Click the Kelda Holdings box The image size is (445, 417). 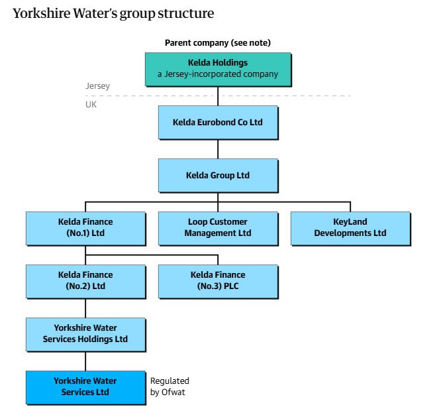(x=219, y=70)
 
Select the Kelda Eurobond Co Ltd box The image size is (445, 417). (x=219, y=123)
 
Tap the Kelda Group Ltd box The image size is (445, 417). (x=219, y=176)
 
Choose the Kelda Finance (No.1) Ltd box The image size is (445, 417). (x=85, y=228)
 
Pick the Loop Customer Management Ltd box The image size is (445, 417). (x=219, y=228)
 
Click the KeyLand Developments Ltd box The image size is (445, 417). (x=350, y=228)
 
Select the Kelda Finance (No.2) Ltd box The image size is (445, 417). (x=85, y=282)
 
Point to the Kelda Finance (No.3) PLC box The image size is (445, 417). (x=219, y=282)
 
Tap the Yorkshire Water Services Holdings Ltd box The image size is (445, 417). (x=85, y=335)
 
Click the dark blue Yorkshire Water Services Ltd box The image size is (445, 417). (x=85, y=387)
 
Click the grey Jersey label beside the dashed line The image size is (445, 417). (x=97, y=86)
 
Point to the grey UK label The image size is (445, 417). (x=91, y=105)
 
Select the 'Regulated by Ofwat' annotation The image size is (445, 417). (x=170, y=387)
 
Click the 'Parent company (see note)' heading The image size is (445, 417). (x=218, y=43)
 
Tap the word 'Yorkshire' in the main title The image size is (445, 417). (x=42, y=13)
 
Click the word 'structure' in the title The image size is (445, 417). (x=186, y=13)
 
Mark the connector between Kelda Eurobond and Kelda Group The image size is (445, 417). (x=218, y=149)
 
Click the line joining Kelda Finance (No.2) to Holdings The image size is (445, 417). (x=85, y=308)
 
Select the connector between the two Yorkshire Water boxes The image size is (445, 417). (x=85, y=361)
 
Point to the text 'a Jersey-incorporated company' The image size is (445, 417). (x=218, y=74)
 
